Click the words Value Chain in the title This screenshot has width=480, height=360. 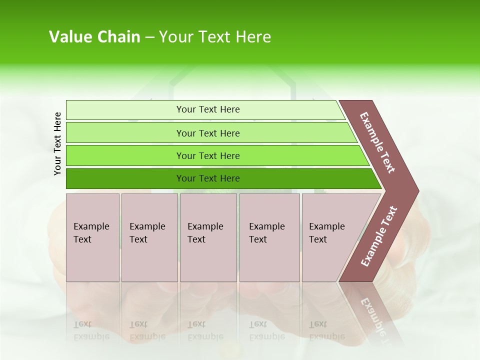point(94,37)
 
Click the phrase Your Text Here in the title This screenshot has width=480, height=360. point(215,37)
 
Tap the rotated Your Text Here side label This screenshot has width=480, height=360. point(57,143)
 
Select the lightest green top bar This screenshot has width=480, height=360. point(205,109)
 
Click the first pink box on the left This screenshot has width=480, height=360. point(92,237)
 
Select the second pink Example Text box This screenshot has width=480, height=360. point(149,237)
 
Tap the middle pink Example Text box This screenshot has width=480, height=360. point(208,237)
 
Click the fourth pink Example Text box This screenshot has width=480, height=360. point(269,237)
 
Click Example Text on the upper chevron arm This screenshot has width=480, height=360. point(377,142)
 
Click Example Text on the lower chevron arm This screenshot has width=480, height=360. point(378,236)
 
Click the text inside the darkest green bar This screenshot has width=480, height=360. point(208,178)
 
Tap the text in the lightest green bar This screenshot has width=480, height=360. point(208,109)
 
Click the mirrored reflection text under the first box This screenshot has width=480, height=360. point(91,330)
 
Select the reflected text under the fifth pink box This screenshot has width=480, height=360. point(326,330)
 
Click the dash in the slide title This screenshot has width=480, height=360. point(149,37)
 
